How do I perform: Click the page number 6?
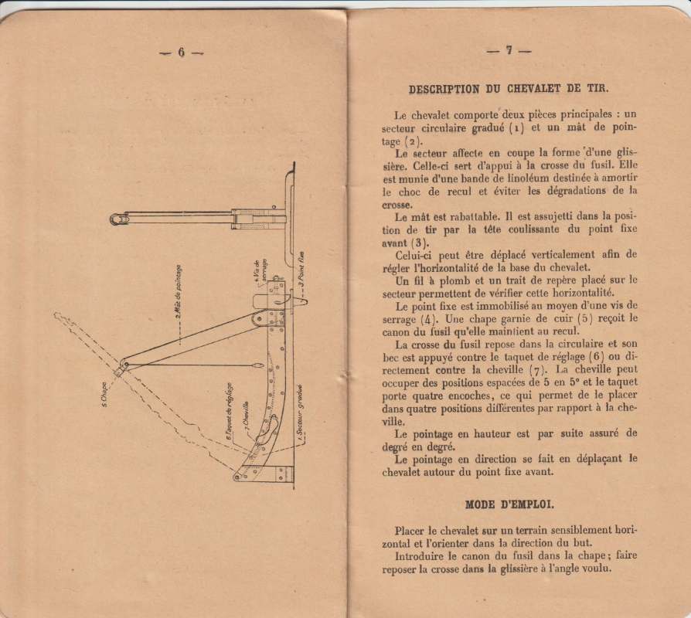(182, 53)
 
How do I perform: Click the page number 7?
(509, 51)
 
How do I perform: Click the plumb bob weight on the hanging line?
(259, 365)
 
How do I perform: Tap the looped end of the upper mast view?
(117, 219)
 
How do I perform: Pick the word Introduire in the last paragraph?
(424, 555)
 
